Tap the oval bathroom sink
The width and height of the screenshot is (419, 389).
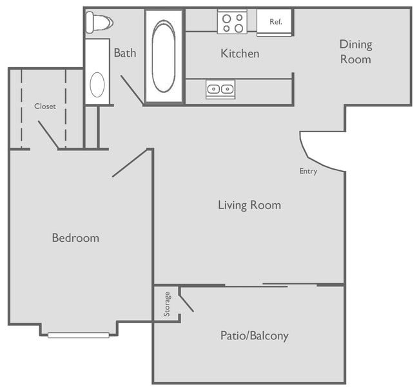[x=97, y=84]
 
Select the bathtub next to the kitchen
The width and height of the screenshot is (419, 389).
[x=164, y=56]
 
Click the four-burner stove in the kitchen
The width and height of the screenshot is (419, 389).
[x=232, y=23]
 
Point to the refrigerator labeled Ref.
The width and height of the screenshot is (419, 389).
[x=275, y=23]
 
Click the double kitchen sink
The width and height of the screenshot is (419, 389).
[x=220, y=89]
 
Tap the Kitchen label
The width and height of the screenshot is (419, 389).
[x=240, y=54]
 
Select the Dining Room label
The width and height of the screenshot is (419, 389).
[x=356, y=52]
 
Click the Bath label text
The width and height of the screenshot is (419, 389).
[x=125, y=53]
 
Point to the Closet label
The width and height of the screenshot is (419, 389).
[x=45, y=106]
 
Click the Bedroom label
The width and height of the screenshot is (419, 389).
[x=75, y=238]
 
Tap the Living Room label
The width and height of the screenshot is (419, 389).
[x=249, y=205]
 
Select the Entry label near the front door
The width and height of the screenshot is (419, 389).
[x=308, y=172]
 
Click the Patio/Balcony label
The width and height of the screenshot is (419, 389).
[x=254, y=336]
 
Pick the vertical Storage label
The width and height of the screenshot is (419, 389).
[x=167, y=304]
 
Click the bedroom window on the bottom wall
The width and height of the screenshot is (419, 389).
[x=79, y=335]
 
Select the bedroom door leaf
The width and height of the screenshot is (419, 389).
[x=132, y=163]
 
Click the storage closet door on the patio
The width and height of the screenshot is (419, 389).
[x=186, y=301]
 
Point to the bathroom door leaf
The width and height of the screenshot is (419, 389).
[x=132, y=90]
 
